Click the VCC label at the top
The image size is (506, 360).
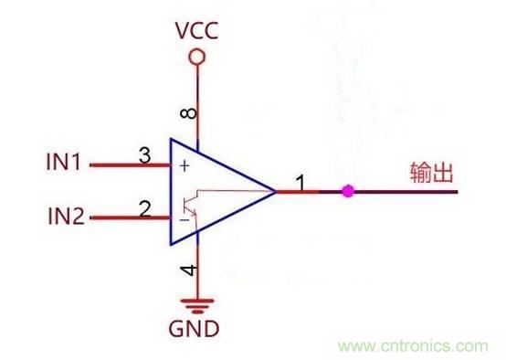[x=196, y=30]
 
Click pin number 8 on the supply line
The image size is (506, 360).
[x=187, y=114]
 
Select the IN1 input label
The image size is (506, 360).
[x=65, y=164]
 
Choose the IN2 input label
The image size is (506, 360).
[x=65, y=217]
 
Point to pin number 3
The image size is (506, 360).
[x=144, y=155]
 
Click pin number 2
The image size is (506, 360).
[x=144, y=208]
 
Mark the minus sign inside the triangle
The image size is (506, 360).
[x=184, y=220]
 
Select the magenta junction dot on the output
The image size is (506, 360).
[x=346, y=192]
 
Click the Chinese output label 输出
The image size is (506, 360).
[x=431, y=174]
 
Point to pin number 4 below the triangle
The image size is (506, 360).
[x=187, y=270]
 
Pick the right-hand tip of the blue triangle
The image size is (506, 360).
[x=274, y=192]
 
